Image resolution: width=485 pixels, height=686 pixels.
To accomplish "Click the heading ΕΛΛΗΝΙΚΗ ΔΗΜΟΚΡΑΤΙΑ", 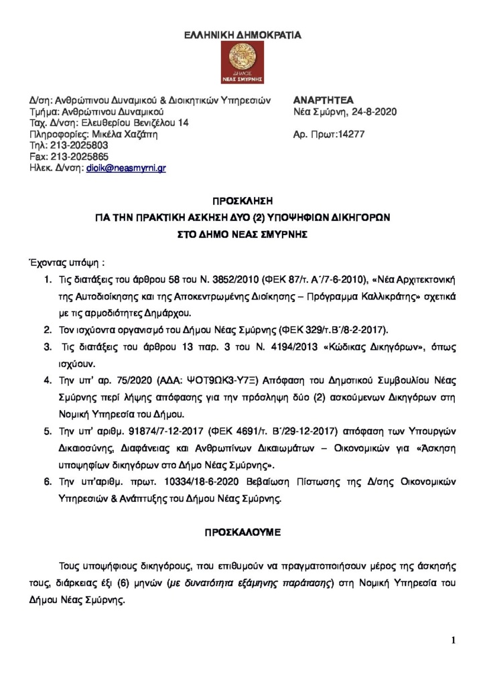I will pyautogui.click(x=242, y=33).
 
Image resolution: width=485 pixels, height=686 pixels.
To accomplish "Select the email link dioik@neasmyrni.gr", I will pyautogui.click(x=126, y=168).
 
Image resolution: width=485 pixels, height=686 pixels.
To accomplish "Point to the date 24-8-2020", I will pyautogui.click(x=373, y=112).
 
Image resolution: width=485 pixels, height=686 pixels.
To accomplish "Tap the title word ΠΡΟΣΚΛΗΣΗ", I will pyautogui.click(x=242, y=200).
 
